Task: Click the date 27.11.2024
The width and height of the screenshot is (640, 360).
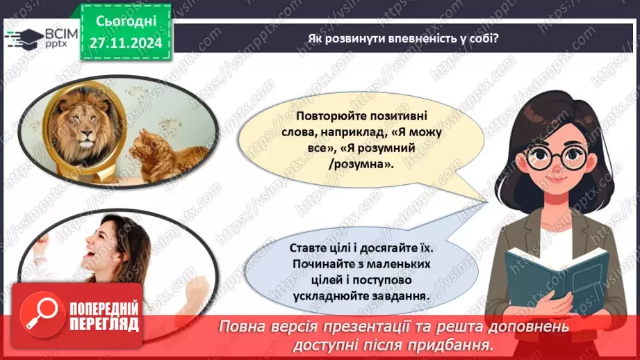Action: point(124,42)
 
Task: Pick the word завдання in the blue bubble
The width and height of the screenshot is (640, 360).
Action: point(402,295)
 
